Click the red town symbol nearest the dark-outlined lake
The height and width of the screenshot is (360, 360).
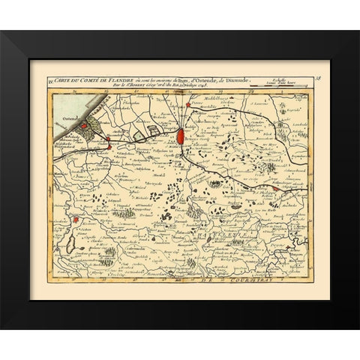pyautogui.click(x=76, y=220)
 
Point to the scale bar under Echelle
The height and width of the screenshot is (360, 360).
pyautogui.click(x=289, y=86)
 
